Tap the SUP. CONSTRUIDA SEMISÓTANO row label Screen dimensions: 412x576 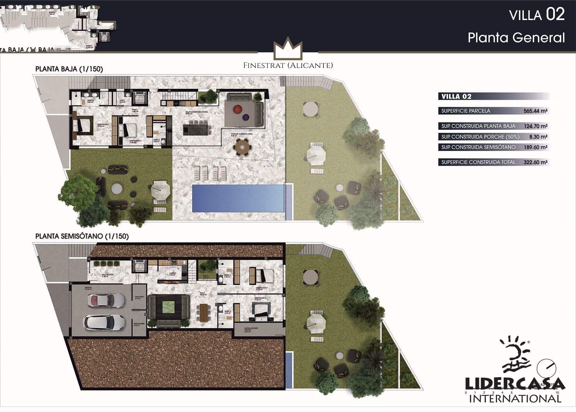point(479,147)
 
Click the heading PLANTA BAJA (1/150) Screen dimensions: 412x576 point(69,69)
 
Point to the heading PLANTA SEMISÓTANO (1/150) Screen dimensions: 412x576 point(82,236)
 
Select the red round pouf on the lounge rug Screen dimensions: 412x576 point(236,109)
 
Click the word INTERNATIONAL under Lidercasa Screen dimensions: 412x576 point(515,398)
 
